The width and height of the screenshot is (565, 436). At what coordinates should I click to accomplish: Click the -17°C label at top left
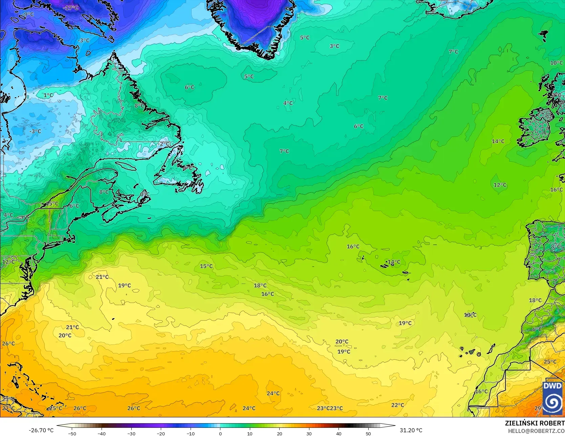(x=71, y=7)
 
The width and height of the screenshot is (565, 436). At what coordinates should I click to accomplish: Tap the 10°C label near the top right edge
(x=556, y=63)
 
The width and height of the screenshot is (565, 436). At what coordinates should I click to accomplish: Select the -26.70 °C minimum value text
(x=41, y=430)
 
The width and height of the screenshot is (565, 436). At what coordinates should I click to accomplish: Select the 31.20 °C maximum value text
(x=411, y=430)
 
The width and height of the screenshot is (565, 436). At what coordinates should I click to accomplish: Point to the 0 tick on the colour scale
(x=220, y=433)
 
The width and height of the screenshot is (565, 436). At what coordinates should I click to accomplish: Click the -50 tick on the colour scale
(x=72, y=433)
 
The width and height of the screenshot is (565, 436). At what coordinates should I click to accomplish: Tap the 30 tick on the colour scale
(x=309, y=433)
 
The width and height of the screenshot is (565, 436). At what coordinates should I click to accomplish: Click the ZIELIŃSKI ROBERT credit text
(x=535, y=423)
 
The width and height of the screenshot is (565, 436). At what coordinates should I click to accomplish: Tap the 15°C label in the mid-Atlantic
(x=206, y=266)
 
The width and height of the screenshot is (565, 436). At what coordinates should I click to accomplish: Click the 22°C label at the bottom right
(x=397, y=405)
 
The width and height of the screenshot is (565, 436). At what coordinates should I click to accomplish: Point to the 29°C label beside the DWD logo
(x=538, y=408)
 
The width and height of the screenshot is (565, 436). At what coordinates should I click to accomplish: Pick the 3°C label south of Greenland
(x=334, y=46)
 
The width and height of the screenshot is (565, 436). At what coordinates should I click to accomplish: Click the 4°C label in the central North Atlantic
(x=288, y=103)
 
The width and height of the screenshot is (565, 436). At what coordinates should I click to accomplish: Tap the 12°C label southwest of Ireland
(x=500, y=185)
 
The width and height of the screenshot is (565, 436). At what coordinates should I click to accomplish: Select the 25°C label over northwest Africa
(x=550, y=362)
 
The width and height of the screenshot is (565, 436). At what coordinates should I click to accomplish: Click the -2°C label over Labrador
(x=164, y=144)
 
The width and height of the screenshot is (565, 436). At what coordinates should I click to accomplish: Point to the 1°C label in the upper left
(x=48, y=95)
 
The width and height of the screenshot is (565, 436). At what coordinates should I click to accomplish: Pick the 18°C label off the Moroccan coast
(x=535, y=300)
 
